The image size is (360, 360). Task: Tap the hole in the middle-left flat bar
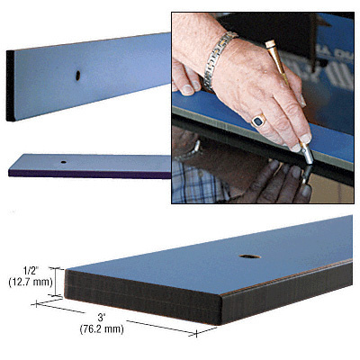pos(65,162)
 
